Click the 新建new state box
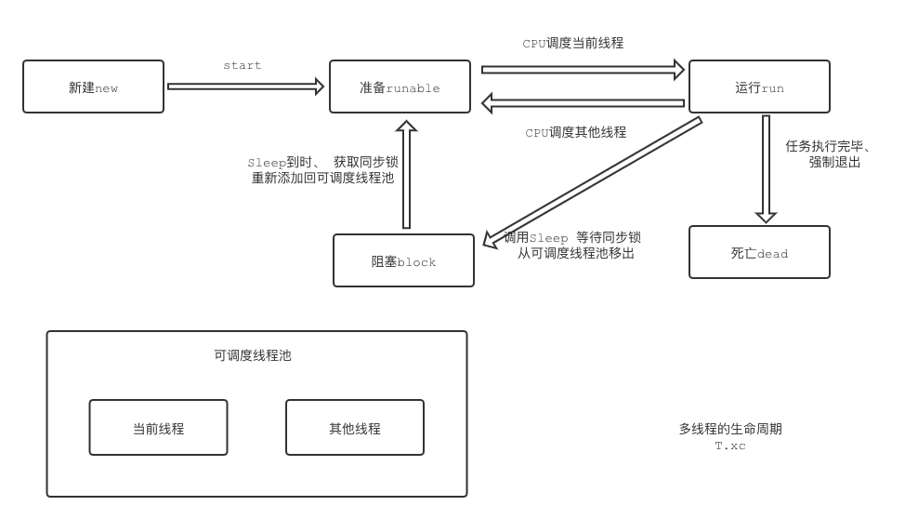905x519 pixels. (93, 87)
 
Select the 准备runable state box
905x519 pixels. (400, 87)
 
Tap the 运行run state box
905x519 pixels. (758, 87)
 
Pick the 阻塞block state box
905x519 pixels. (403, 260)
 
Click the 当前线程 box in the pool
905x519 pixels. (158, 428)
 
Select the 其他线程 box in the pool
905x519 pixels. (354, 428)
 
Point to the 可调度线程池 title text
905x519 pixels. (253, 355)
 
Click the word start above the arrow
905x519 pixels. (242, 66)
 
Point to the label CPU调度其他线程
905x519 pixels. (575, 133)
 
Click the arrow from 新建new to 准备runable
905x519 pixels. (245, 86)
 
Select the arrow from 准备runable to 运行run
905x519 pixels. (583, 69)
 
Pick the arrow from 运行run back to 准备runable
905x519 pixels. (583, 102)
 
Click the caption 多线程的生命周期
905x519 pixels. (729, 429)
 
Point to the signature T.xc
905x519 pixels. (729, 446)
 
